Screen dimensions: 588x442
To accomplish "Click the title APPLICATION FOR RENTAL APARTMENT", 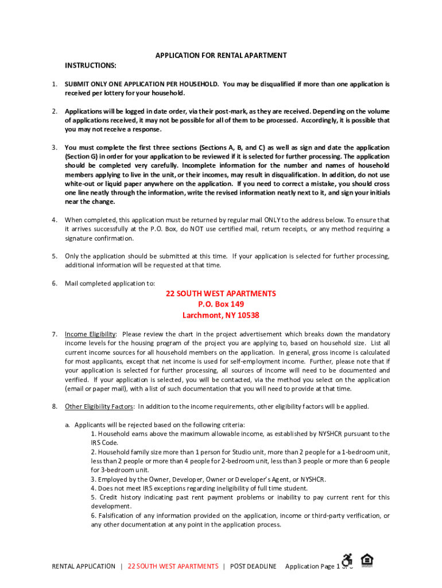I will coord(221,56).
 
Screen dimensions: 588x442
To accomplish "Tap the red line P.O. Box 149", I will coord(221,304).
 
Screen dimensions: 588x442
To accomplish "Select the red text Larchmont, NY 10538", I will coord(221,315).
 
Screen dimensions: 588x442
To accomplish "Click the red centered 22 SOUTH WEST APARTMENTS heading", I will coord(221,293).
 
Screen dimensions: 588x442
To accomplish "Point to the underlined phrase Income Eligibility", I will coord(91,334).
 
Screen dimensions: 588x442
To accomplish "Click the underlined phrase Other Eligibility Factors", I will coord(99,407).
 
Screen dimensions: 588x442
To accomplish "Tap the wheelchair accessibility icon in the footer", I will coord(347,560).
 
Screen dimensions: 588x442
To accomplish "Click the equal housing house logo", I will coord(366,559).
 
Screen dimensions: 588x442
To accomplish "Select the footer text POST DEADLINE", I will coord(253,566).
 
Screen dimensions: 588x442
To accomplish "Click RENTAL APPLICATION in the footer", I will coord(83,566).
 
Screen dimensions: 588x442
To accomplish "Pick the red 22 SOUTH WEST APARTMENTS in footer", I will coord(173,566).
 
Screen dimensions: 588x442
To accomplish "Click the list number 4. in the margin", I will coord(54,220).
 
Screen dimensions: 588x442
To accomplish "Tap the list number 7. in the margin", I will coord(54,334).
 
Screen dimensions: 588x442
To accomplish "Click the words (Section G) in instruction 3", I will coord(82,157).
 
